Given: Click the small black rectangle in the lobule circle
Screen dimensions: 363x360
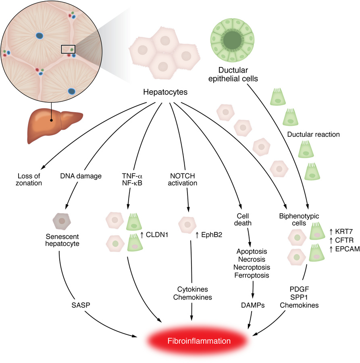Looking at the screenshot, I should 68,49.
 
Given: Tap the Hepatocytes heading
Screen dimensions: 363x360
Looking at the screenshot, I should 165,92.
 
